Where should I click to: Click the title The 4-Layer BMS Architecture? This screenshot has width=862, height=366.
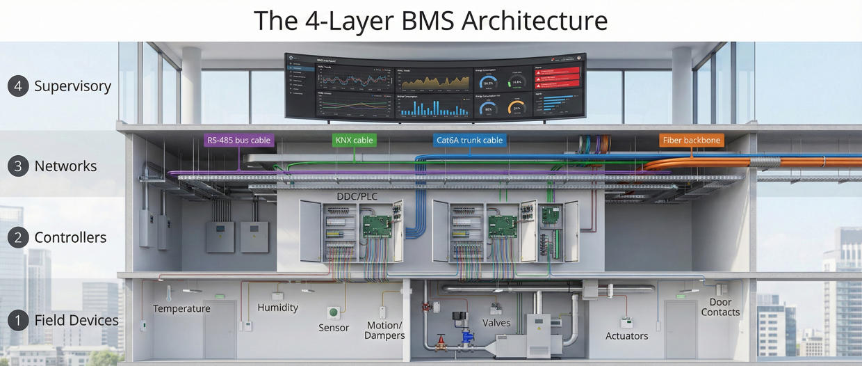430,20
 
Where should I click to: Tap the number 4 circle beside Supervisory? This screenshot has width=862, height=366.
18,86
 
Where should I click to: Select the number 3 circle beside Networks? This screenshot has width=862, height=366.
18,166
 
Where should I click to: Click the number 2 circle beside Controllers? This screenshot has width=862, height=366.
18,237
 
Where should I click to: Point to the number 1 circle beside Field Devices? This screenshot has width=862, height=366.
18,320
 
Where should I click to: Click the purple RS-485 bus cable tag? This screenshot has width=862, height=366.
238,140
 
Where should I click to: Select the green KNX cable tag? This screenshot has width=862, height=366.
354,140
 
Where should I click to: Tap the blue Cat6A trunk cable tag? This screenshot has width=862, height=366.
469,140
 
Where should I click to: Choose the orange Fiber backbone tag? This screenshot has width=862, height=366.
692,140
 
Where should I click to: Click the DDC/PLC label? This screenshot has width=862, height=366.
357,196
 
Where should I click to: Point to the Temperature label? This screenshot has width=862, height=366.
181,308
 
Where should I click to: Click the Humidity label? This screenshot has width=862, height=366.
277,307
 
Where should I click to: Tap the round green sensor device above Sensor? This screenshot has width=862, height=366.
334,313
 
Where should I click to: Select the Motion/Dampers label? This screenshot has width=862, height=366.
384,331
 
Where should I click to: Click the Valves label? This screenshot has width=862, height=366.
496,322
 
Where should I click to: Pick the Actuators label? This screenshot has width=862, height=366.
626,335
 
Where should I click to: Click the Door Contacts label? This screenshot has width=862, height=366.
720,308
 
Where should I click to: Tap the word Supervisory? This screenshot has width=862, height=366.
72,86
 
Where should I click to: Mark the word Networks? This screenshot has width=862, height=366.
65,166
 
